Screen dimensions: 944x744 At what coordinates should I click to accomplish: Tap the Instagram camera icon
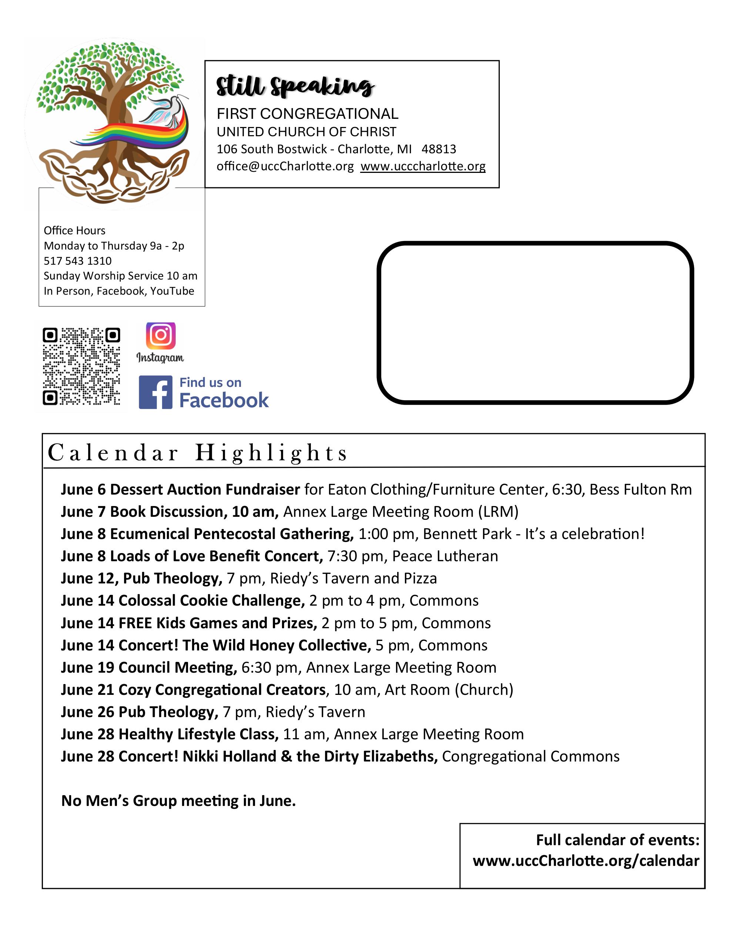pos(161,335)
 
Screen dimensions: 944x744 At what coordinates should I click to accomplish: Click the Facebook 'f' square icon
pos(155,392)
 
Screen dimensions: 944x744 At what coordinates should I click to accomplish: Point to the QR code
pos(81,366)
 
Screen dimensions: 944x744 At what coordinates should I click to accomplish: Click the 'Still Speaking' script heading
pos(295,86)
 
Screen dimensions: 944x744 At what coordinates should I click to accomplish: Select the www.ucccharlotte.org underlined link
pos(423,167)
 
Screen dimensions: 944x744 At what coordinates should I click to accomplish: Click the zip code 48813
pos(439,149)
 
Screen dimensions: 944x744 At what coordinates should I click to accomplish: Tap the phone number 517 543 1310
pos(77,261)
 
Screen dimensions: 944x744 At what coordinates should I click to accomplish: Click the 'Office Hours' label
pos(74,230)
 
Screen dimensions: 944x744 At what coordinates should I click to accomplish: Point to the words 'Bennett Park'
pos(467,534)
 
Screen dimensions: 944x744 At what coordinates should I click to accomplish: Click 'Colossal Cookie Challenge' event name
pos(211,600)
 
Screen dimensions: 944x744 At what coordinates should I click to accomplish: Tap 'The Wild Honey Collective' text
pos(277,645)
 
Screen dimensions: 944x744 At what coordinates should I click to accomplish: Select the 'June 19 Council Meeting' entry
pos(149,667)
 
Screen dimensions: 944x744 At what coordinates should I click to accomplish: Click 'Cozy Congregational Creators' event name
pos(222,689)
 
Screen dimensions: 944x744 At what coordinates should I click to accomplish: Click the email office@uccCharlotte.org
pos(285,167)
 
